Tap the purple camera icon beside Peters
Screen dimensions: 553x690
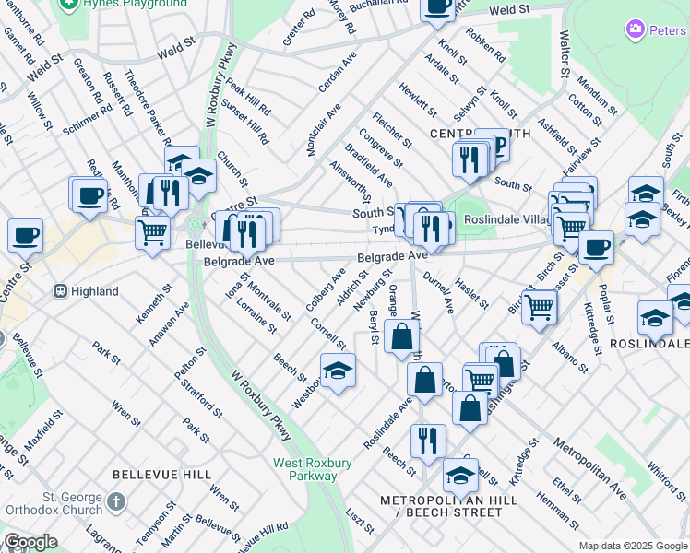[635, 29]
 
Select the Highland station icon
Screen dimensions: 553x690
[61, 291]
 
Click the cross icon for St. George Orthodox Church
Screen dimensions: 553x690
[114, 502]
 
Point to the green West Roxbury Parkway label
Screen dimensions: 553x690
[305, 469]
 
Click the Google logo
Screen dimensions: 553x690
[30, 542]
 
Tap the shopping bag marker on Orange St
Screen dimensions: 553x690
[403, 337]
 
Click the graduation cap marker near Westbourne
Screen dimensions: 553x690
[339, 371]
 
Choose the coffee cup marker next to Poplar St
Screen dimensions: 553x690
[596, 247]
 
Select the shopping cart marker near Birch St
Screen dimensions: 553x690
[539, 306]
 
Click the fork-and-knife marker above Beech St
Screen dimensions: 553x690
[428, 441]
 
